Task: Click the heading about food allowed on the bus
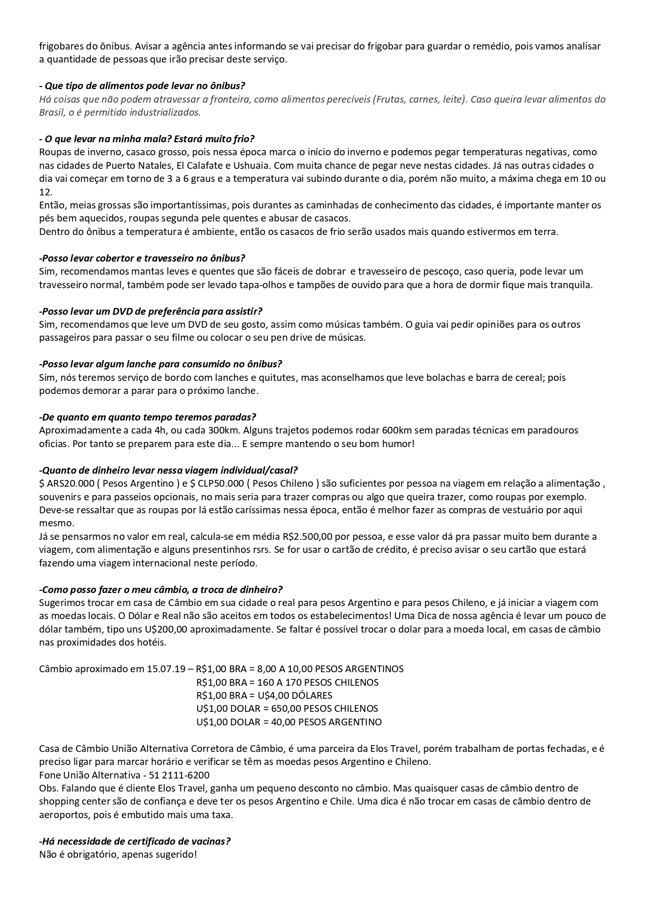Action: (142, 85)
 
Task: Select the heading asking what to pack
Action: (146, 139)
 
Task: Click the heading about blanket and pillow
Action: (142, 258)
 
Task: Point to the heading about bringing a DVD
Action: (150, 311)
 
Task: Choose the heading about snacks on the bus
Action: (160, 364)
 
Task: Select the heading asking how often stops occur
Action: (147, 417)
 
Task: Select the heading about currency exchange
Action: (160, 589)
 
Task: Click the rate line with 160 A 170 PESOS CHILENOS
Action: (287, 682)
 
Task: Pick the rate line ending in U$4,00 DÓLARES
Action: (264, 695)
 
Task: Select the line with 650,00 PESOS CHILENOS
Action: (287, 709)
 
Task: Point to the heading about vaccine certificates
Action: (134, 841)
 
